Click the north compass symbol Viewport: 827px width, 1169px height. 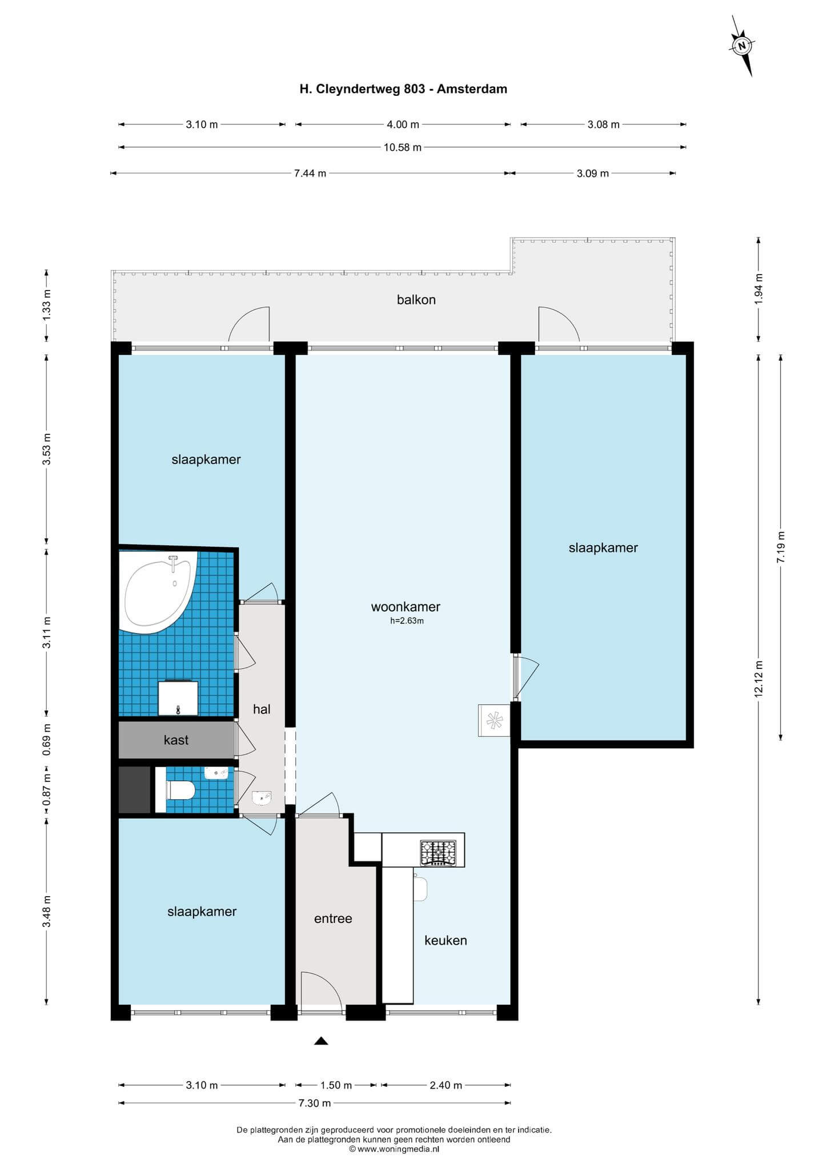[742, 46]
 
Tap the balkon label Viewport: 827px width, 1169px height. [416, 300]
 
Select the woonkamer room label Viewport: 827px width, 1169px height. [406, 607]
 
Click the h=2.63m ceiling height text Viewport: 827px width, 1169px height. [407, 621]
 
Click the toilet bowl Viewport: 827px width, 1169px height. [180, 791]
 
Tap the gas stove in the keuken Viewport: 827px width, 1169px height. [438, 853]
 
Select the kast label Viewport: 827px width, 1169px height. [176, 740]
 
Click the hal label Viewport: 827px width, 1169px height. [262, 709]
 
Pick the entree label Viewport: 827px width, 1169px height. [333, 918]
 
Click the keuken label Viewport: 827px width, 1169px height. [445, 940]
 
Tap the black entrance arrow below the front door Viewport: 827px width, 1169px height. [321, 1041]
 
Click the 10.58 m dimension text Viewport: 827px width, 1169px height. [403, 147]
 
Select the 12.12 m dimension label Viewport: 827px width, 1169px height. [758, 679]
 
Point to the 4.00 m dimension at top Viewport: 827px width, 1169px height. [403, 124]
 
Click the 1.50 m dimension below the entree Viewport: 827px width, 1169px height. [336, 1085]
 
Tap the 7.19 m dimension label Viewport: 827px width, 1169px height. [781, 547]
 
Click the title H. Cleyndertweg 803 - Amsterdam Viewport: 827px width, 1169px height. [403, 89]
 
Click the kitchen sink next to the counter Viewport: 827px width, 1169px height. [420, 889]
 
